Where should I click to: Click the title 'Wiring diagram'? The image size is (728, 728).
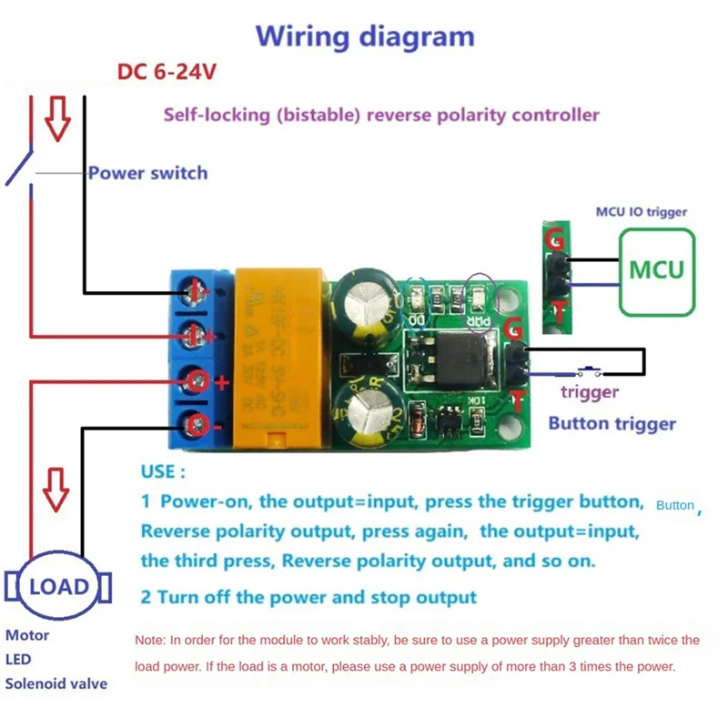pos(365,36)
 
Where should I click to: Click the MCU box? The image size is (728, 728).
pos(656,270)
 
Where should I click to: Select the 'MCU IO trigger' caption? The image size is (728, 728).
pos(641,212)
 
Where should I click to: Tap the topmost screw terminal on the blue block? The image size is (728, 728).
pos(194,292)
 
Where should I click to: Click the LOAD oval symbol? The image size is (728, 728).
pos(59,586)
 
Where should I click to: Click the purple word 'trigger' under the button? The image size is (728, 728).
pos(589,392)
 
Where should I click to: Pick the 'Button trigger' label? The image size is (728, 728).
pos(612,423)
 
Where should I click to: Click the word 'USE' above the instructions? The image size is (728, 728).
pos(163,472)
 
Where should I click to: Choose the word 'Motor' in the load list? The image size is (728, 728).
pos(27,635)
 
